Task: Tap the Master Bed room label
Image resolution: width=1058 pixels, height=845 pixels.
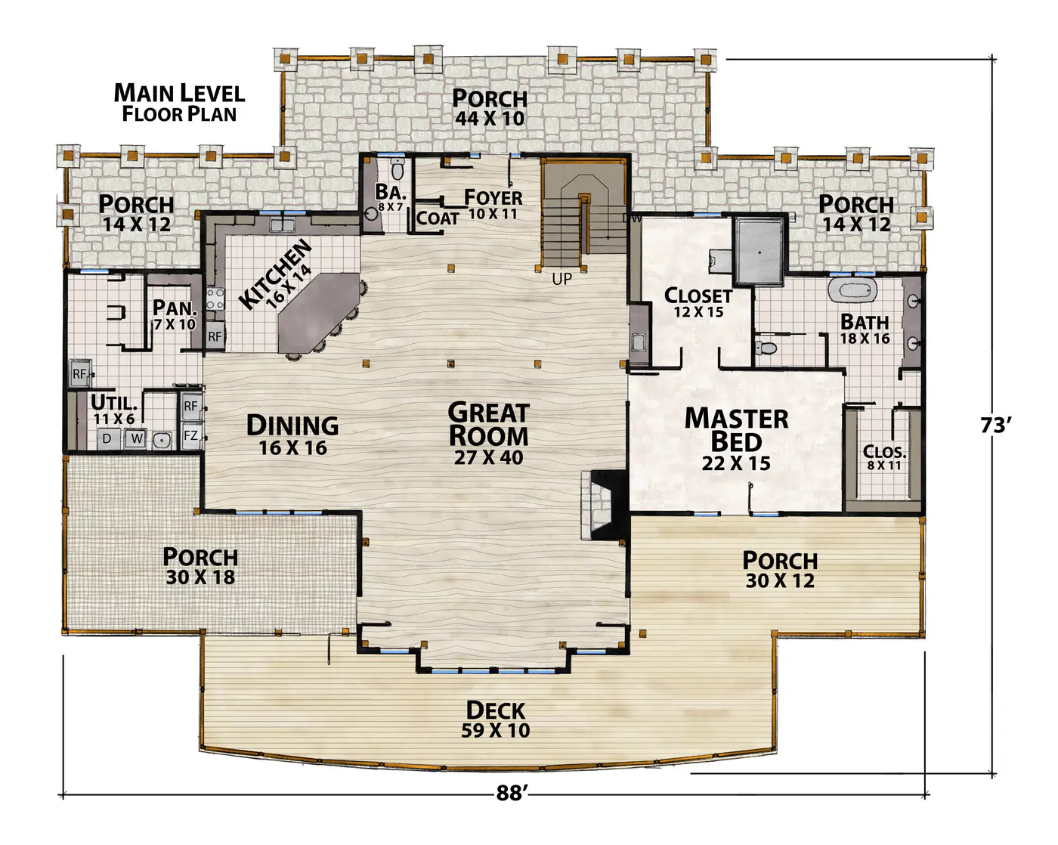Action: [736, 438]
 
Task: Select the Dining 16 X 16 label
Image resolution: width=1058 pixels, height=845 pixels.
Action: [292, 435]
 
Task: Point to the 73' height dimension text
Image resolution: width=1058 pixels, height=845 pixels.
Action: [996, 426]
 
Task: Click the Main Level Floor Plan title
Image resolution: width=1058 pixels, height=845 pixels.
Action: [179, 103]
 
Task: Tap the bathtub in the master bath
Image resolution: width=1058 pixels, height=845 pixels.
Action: [852, 289]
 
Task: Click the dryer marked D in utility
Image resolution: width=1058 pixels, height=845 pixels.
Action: [107, 438]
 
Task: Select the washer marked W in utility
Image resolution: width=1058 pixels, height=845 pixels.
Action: [136, 438]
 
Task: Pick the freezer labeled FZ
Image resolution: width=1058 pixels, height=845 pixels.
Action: [191, 435]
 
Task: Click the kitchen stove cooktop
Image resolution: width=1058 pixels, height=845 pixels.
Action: [215, 299]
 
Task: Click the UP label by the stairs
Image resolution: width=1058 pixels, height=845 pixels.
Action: [562, 280]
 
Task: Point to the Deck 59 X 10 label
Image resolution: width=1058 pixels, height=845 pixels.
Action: [496, 720]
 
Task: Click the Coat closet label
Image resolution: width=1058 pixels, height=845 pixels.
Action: [438, 218]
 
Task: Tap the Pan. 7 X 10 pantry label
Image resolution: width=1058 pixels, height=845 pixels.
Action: [175, 314]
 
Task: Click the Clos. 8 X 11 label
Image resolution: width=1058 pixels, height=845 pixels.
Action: [884, 457]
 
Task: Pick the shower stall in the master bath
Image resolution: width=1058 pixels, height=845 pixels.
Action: [759, 252]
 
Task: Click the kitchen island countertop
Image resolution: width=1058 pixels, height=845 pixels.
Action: [319, 312]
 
